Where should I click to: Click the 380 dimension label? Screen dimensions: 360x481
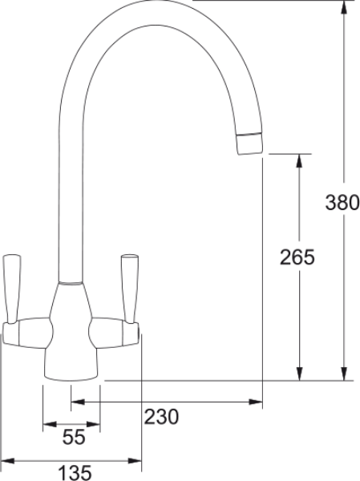tap(342, 203)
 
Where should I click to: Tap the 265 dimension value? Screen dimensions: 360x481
tap(297, 257)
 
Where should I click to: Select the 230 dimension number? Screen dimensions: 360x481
tap(161, 417)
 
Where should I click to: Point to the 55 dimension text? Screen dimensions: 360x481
tap(74, 437)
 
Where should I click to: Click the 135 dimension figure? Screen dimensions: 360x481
tap(75, 473)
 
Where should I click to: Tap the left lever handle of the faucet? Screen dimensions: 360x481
tap(12, 289)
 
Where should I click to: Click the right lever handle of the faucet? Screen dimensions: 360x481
tap(130, 289)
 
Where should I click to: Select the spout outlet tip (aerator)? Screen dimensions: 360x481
tap(250, 143)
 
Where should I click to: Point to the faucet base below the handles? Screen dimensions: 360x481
tap(71, 365)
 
